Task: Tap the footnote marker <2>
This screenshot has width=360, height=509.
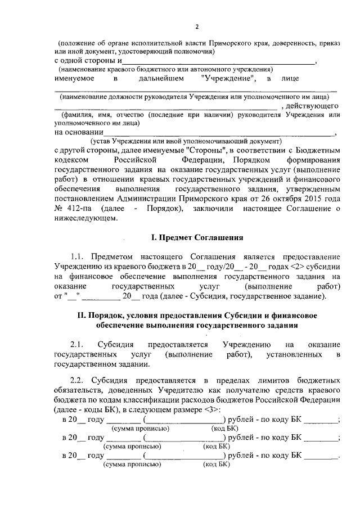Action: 280,264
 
